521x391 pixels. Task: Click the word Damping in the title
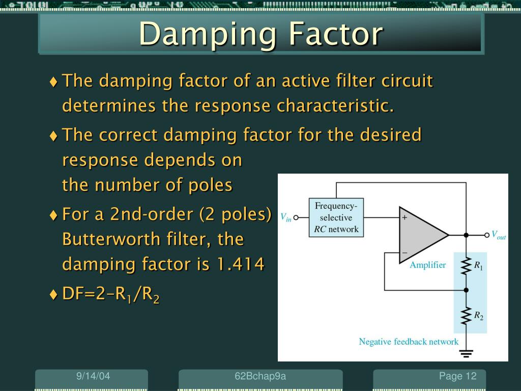point(208,34)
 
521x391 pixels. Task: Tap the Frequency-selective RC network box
point(336,217)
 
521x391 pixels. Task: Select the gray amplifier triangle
point(420,235)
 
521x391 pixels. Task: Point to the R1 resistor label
point(479,265)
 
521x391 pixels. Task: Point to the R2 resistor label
point(479,316)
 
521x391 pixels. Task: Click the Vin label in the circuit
point(286,217)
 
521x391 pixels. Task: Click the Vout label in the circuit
point(498,235)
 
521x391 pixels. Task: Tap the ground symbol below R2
point(466,352)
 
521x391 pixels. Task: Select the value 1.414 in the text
point(241,264)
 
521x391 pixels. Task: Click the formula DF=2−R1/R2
point(110,294)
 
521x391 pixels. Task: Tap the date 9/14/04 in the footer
point(93,376)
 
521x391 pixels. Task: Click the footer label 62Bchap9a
point(260,376)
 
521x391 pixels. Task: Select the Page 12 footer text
point(458,376)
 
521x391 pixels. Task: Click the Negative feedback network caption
point(409,342)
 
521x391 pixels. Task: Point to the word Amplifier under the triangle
point(428,265)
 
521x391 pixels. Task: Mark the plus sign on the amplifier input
point(405,217)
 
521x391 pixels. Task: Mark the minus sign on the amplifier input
point(405,252)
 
